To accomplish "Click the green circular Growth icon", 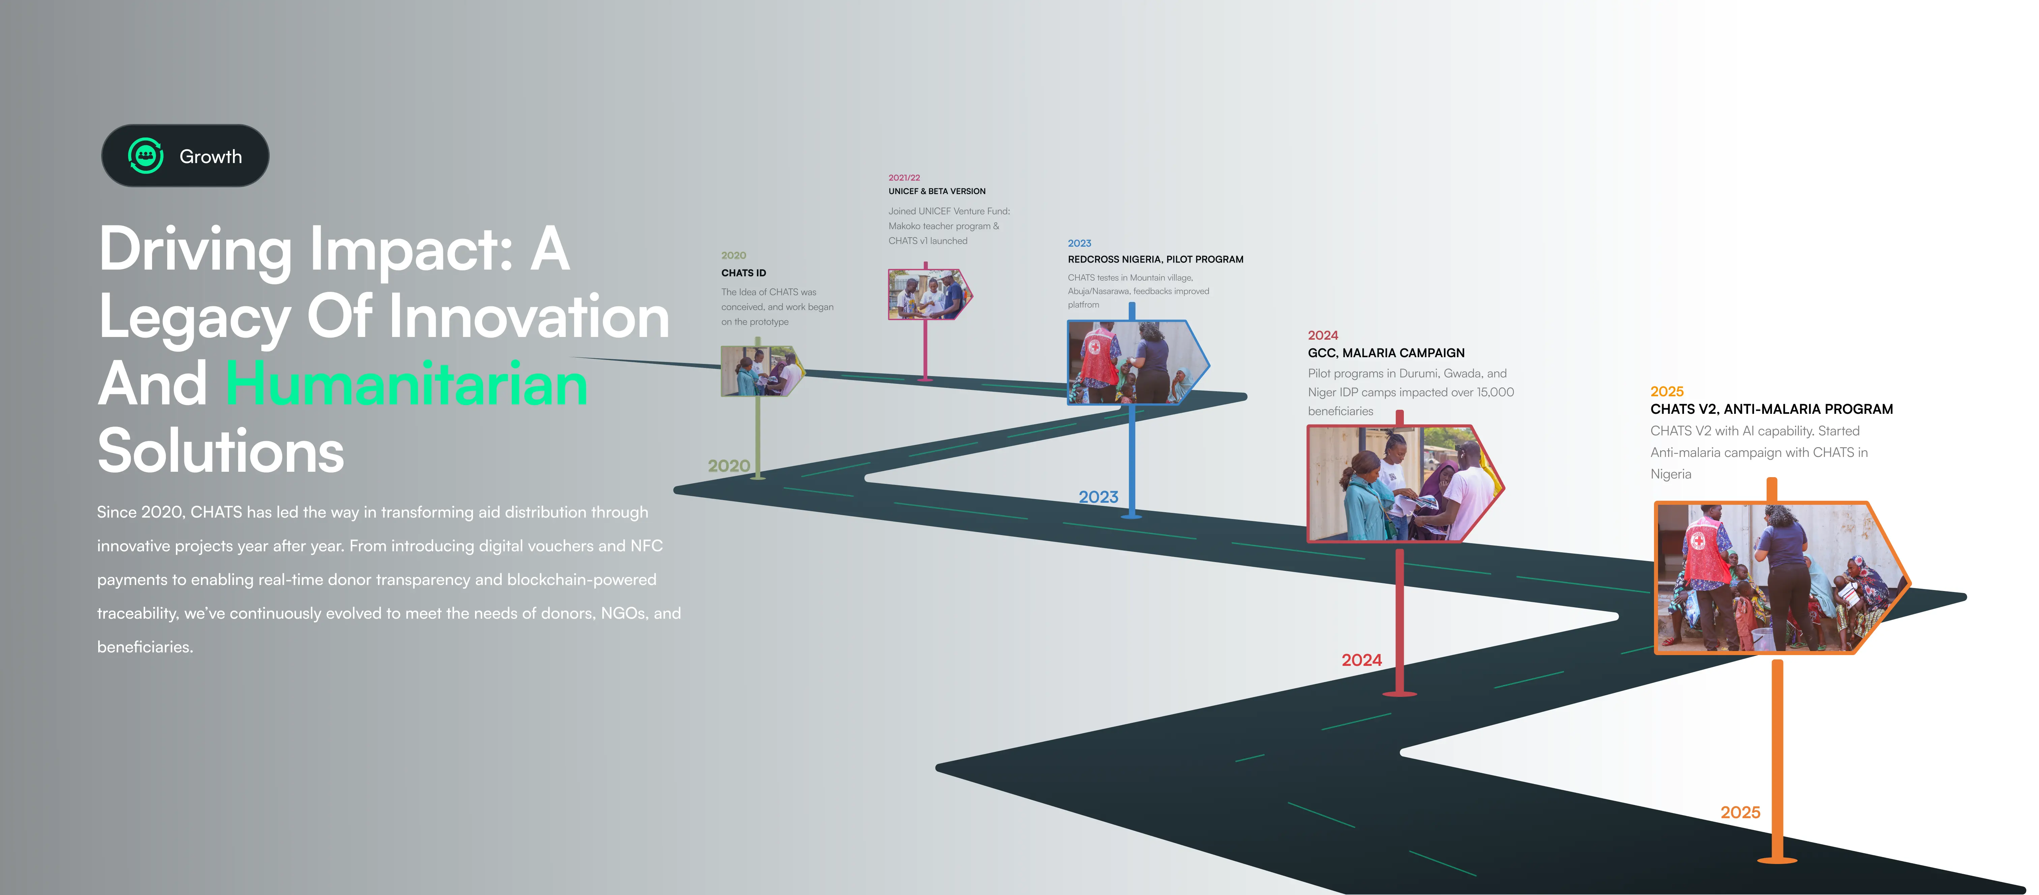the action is click(x=146, y=156).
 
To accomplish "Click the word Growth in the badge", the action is click(x=211, y=157).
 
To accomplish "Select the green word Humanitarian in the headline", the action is click(x=407, y=384).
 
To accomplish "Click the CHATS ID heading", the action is click(x=743, y=273).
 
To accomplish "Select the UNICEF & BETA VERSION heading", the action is click(x=936, y=191).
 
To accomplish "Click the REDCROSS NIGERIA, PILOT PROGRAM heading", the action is click(x=1155, y=259).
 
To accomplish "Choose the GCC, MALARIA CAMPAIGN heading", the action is click(x=1386, y=353).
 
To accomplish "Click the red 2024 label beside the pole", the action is click(x=1361, y=660).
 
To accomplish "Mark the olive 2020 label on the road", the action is click(x=728, y=466).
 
